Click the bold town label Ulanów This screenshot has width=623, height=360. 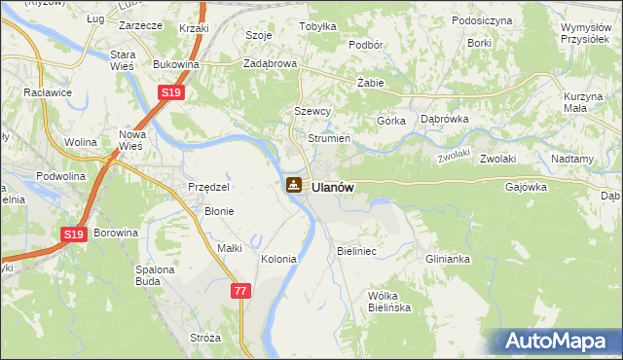(333, 187)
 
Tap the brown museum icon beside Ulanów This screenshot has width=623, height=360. (293, 185)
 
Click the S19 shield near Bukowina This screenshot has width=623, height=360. (170, 92)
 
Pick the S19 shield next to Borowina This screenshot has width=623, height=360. (74, 234)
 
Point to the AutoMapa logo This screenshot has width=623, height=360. (558, 341)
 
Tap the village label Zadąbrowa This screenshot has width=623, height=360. (269, 64)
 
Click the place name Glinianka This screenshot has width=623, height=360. (448, 259)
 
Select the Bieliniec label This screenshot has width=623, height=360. (356, 251)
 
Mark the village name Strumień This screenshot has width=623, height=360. (328, 138)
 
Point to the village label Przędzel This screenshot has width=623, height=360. (208, 187)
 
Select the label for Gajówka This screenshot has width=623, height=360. (527, 187)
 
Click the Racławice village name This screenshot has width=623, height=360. (48, 94)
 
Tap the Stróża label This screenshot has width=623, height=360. (205, 338)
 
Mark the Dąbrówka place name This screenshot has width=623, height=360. (445, 119)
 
